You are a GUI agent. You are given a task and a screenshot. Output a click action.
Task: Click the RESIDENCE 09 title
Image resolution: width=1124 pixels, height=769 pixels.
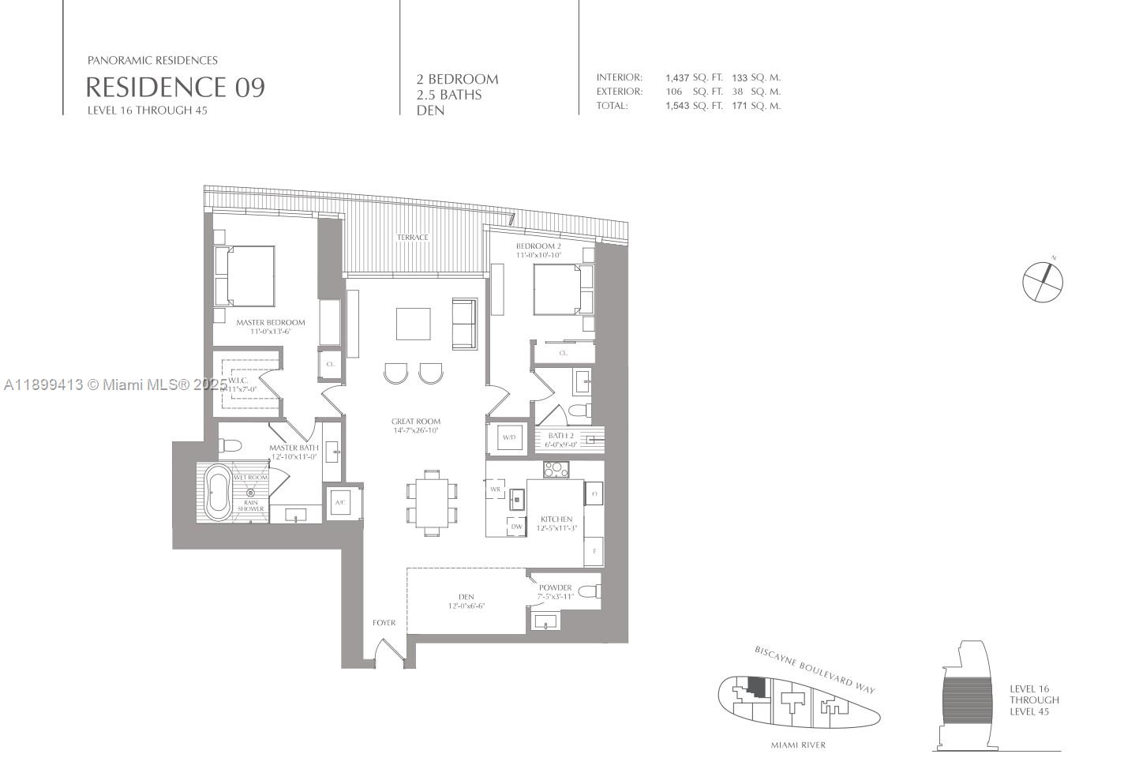click(x=174, y=87)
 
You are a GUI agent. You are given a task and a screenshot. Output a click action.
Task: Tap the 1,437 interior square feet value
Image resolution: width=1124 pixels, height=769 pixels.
click(x=677, y=77)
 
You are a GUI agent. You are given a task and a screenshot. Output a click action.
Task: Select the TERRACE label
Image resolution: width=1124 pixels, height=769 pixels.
click(x=412, y=238)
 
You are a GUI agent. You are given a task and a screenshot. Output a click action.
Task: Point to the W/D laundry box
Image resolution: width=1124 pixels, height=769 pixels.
click(x=508, y=437)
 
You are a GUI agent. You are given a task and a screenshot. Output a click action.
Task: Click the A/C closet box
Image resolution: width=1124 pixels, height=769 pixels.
click(x=341, y=503)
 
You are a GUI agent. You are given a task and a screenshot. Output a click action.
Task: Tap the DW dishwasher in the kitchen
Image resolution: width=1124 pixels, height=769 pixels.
click(x=516, y=527)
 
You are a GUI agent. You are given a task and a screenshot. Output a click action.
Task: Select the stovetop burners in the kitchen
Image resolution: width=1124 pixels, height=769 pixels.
click(x=556, y=469)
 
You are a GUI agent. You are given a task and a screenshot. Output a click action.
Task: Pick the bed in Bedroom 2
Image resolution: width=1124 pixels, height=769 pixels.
click(x=561, y=290)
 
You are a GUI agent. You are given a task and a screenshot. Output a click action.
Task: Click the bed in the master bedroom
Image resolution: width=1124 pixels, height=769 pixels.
click(x=245, y=276)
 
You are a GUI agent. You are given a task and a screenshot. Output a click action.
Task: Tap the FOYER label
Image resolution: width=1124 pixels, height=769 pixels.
click(x=384, y=623)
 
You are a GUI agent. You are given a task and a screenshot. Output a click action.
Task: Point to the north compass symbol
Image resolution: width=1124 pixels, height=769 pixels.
click(x=1043, y=280)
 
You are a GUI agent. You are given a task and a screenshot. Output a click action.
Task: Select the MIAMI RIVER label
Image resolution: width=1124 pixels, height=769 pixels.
click(x=798, y=745)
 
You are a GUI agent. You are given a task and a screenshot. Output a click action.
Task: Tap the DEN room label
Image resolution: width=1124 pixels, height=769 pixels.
click(x=466, y=597)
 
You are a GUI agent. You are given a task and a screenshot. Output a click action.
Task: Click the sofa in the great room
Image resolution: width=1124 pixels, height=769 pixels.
click(x=464, y=324)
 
